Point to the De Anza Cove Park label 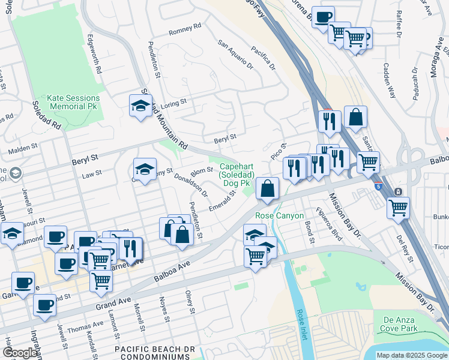pyautogui.click(x=397, y=324)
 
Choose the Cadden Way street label pyautogui.click(x=390, y=82)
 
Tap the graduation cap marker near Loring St pyautogui.click(x=140, y=105)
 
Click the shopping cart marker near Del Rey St pyautogui.click(x=398, y=208)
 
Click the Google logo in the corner pyautogui.click(x=19, y=353)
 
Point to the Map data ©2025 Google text pyautogui.click(x=411, y=355)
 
